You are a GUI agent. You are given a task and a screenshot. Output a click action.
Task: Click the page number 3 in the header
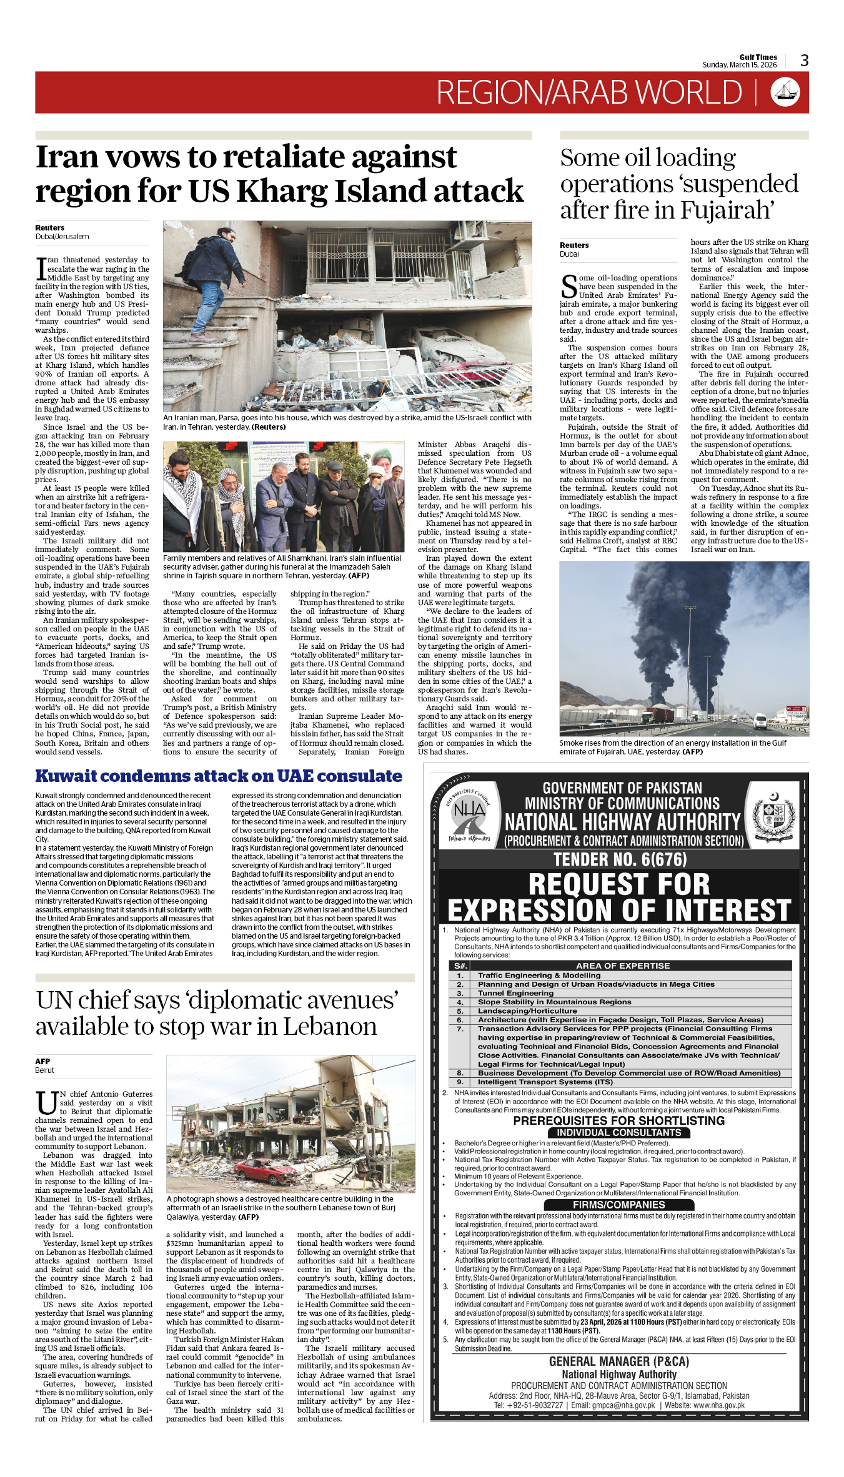[x=804, y=61]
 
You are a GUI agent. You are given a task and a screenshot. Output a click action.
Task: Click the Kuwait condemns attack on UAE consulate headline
[x=219, y=776]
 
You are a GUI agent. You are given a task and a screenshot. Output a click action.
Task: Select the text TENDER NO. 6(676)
[x=620, y=860]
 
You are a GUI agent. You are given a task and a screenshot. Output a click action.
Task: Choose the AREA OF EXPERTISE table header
[x=622, y=966]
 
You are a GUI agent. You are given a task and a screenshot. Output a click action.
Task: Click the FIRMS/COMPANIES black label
[x=618, y=1205]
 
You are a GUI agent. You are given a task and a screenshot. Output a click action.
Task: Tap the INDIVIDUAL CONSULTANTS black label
[x=618, y=1132]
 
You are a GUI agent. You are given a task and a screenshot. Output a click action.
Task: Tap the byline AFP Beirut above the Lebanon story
[x=44, y=1065]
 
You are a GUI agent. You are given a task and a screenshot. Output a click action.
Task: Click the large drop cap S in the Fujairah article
[x=568, y=287]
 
